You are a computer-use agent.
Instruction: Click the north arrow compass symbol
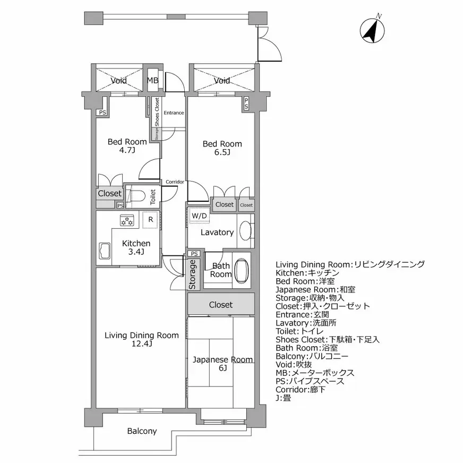(372, 30)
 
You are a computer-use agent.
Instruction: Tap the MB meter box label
(153, 80)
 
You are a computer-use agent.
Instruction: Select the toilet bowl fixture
(138, 196)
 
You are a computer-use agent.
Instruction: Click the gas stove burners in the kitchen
(127, 220)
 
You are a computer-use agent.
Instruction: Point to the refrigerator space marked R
(151, 219)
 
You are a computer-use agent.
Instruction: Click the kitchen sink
(104, 251)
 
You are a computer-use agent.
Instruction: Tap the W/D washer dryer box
(200, 216)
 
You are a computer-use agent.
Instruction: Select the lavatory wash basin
(245, 230)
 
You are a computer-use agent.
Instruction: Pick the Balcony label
(142, 431)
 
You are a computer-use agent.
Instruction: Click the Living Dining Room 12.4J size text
(142, 344)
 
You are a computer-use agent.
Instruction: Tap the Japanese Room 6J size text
(223, 368)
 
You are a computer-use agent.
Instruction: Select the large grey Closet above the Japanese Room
(221, 304)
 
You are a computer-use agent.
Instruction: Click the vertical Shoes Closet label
(157, 112)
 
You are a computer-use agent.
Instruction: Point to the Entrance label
(174, 113)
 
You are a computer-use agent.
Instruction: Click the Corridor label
(175, 182)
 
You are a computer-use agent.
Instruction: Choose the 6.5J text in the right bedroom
(222, 152)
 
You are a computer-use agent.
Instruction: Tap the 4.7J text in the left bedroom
(127, 150)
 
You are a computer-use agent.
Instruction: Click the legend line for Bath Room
(306, 348)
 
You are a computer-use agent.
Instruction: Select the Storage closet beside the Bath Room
(194, 274)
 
